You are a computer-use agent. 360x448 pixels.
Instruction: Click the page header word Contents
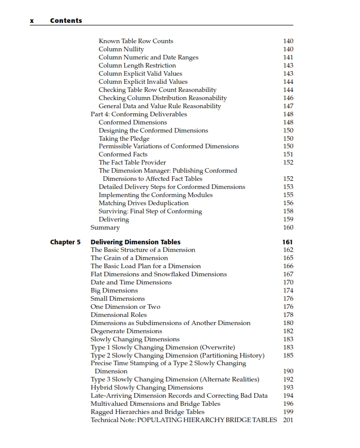tap(66, 21)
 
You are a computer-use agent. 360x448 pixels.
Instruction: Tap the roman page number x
tap(32, 21)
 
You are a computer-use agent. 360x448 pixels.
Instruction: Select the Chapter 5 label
tap(65, 242)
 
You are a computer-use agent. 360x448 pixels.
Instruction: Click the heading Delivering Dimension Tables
tap(135, 242)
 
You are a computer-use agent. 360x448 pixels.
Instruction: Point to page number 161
tap(287, 242)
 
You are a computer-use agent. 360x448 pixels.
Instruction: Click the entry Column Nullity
tap(121, 49)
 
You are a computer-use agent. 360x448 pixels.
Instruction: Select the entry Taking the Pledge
tap(124, 138)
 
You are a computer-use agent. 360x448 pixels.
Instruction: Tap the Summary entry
tap(105, 228)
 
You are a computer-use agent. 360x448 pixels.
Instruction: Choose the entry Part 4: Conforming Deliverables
tap(139, 114)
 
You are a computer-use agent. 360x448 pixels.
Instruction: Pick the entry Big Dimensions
tap(114, 291)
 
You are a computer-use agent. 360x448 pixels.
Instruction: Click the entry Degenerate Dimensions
tap(126, 331)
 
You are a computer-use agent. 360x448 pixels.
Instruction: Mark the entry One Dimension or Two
tap(125, 307)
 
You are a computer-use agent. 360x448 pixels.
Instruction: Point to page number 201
tap(288, 420)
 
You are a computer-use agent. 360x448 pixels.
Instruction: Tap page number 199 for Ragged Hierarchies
tap(288, 412)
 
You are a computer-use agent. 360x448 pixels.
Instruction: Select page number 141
tap(288, 57)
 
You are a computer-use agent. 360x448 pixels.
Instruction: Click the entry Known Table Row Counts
tap(136, 41)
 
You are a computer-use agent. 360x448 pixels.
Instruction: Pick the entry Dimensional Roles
tap(118, 315)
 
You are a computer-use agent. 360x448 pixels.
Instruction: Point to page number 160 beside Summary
tap(288, 228)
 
